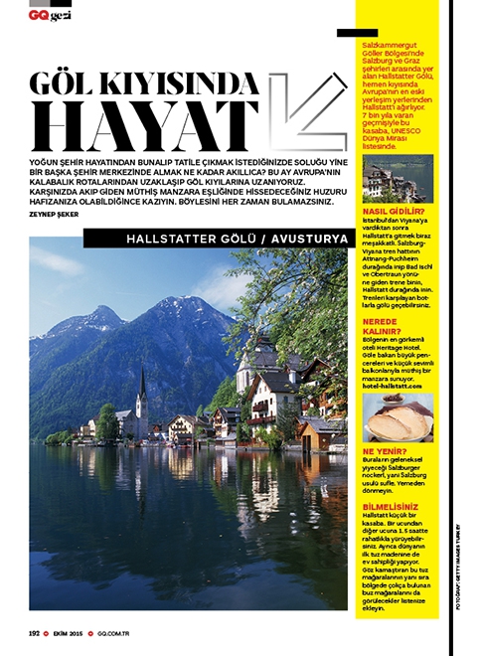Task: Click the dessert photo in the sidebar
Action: (x=397, y=417)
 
